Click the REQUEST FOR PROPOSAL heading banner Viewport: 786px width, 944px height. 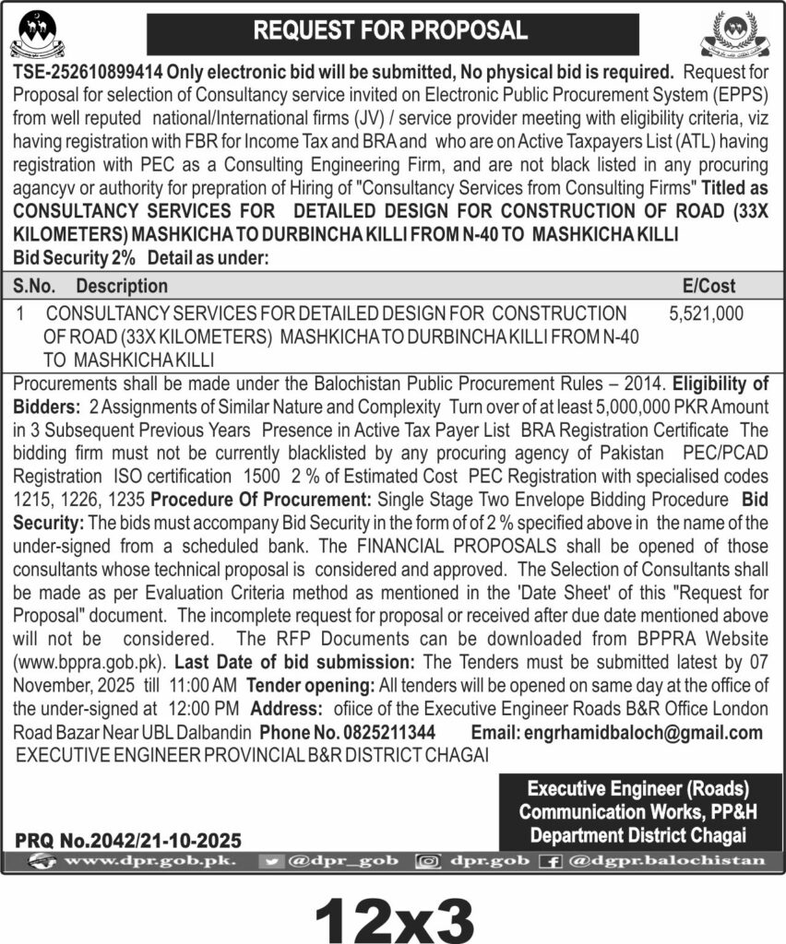(391, 30)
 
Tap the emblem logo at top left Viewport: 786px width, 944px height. (43, 33)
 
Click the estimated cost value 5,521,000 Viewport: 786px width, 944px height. (706, 314)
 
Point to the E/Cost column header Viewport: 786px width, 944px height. (706, 287)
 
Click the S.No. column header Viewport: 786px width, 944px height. (37, 287)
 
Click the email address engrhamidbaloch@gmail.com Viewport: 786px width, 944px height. (643, 733)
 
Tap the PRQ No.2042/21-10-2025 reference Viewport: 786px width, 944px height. (128, 840)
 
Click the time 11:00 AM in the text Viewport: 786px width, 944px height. (205, 685)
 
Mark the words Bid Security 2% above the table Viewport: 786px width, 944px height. (74, 259)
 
